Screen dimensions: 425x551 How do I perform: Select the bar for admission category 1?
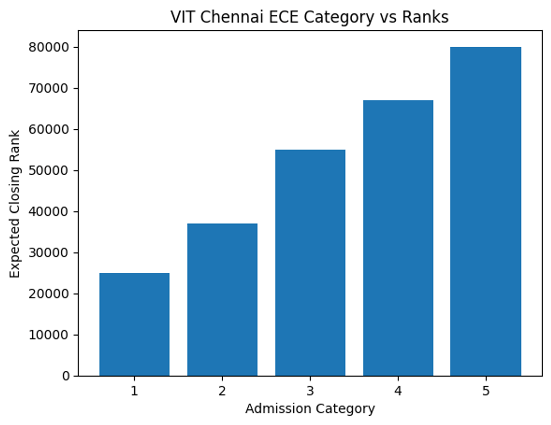tap(134, 325)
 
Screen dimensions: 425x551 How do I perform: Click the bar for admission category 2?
tap(222, 300)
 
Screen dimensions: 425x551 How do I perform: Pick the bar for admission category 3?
tap(310, 263)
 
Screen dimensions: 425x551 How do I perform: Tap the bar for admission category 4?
tap(398, 238)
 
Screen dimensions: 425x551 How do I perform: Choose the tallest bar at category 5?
tap(486, 211)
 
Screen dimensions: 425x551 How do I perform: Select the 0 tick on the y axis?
tap(67, 376)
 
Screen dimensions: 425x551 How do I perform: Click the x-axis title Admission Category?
tap(310, 408)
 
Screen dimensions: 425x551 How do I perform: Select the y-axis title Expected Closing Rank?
tap(15, 204)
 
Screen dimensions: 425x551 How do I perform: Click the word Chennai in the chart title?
tap(231, 17)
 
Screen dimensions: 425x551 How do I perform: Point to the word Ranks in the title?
tap(425, 17)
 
